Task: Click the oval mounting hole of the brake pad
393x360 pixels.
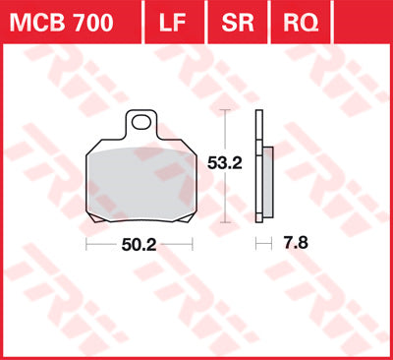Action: pos(143,124)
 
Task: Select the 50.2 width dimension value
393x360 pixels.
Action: pos(138,243)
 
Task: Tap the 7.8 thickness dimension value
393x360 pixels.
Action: pos(287,243)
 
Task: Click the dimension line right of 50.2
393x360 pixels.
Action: pos(176,243)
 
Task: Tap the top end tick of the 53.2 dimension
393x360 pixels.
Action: pos(227,110)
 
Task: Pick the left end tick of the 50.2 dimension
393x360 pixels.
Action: pos(86,243)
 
